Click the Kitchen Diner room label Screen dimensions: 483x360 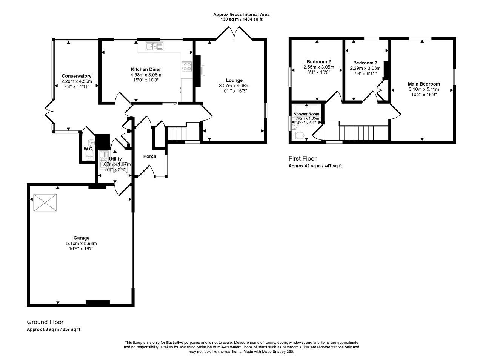146,69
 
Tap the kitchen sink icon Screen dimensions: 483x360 154,46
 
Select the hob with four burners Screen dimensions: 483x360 187,67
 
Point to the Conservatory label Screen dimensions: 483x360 76,76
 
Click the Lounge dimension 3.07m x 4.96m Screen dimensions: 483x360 234,86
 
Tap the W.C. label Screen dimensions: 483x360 88,149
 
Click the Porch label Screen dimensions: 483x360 150,156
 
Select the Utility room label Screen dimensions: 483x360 115,159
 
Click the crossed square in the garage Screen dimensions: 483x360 45,202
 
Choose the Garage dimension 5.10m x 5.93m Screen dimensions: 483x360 82,243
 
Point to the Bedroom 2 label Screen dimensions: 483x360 318,62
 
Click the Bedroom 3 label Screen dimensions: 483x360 365,63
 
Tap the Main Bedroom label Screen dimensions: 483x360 424,84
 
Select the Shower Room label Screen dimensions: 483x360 306,114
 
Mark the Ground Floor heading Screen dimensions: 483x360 45,322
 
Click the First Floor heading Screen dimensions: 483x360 302,158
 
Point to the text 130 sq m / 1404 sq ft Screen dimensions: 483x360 241,19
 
